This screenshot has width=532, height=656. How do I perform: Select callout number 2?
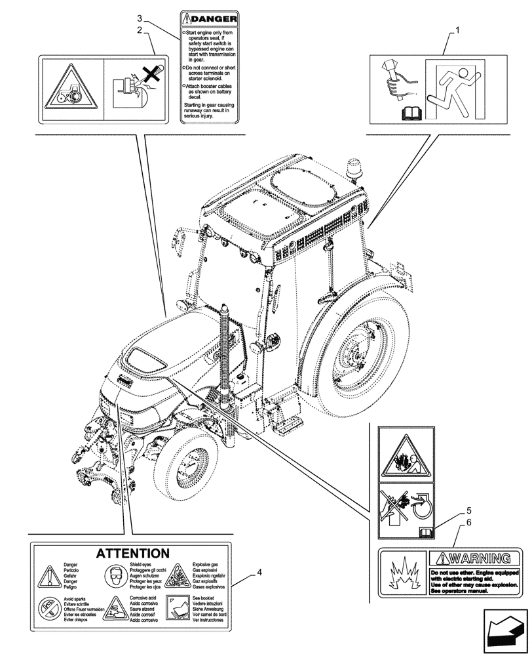pos(140,30)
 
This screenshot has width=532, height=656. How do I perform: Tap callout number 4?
pos(260,572)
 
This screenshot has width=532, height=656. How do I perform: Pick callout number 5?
pos(468,510)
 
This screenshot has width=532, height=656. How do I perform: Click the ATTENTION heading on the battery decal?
pos(133,554)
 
